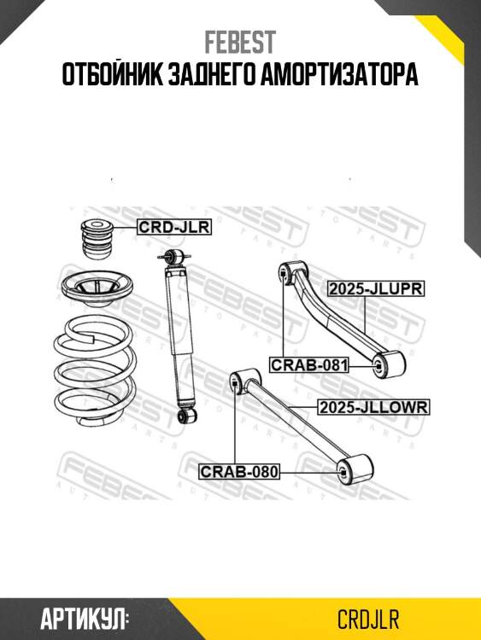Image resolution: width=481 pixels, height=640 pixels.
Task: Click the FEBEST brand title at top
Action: tap(240, 43)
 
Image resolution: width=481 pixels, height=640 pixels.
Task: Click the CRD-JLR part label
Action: tap(174, 227)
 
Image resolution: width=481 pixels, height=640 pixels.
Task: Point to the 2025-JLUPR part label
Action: tap(376, 288)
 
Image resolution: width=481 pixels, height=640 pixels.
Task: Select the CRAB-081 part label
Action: tap(309, 364)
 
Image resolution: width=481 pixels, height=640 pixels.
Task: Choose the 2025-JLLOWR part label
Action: tap(373, 407)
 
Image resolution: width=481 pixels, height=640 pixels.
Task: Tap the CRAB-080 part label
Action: tap(239, 472)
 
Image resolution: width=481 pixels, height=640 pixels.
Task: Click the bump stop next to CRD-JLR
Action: tap(97, 239)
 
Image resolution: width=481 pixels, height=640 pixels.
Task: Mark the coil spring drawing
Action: tap(95, 371)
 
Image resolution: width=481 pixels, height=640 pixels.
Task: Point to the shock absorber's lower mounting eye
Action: tap(188, 415)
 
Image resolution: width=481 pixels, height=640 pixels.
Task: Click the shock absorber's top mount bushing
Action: tap(174, 256)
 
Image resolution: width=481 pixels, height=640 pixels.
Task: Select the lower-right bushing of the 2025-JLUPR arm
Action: tap(389, 364)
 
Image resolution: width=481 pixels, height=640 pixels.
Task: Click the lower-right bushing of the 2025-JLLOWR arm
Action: tap(355, 470)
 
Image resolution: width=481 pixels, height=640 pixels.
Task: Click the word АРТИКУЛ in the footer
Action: tap(85, 620)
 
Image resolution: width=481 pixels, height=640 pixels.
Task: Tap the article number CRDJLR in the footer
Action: tap(368, 620)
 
